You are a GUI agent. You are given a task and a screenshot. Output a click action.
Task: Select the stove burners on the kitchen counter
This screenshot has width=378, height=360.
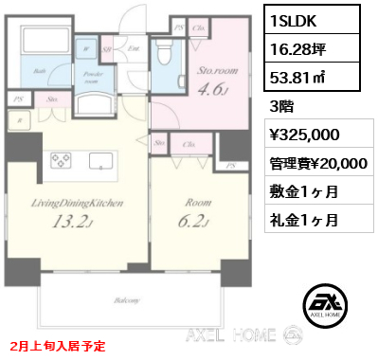(60, 160)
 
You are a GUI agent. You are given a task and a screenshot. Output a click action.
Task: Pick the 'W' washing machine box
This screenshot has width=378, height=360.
(86, 47)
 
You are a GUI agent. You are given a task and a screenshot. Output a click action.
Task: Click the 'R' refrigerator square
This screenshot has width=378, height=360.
(17, 119)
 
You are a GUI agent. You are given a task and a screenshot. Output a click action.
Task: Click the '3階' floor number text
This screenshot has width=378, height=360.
(285, 106)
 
